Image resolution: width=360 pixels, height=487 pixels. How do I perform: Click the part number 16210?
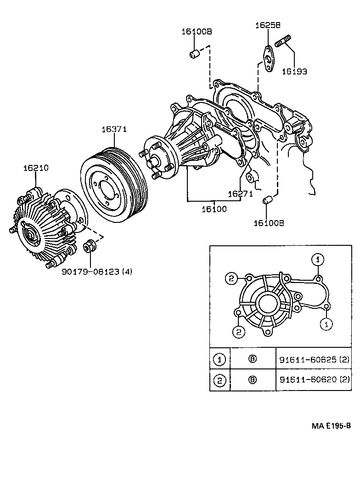[36, 169]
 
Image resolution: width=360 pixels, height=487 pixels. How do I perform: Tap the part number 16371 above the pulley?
[114, 130]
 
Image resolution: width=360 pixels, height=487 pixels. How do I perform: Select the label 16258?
[268, 26]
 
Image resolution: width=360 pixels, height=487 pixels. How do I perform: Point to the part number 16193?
[294, 72]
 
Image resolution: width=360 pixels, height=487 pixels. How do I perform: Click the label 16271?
[241, 194]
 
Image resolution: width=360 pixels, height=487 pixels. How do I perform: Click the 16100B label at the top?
[196, 32]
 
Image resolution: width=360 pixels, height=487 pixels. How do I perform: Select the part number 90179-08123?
[97, 272]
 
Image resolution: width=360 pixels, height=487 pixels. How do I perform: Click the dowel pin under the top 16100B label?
[195, 54]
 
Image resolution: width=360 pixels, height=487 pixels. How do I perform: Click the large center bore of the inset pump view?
[268, 304]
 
